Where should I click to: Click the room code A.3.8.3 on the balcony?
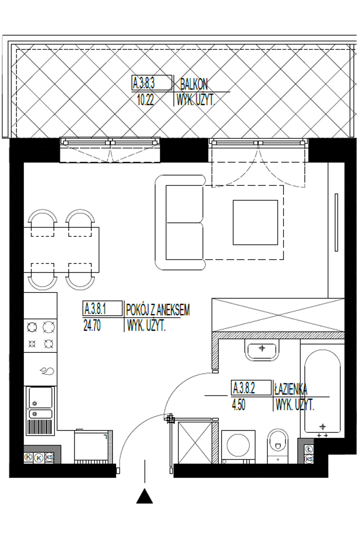[144, 83]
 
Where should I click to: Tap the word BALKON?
[193, 85]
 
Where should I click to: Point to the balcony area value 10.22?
[145, 99]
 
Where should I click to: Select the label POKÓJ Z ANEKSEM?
[158, 310]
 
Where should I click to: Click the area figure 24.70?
[92, 326]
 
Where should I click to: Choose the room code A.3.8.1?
[95, 309]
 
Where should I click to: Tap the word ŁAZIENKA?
[291, 389]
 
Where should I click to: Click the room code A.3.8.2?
[244, 388]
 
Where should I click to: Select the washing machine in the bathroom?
[238, 446]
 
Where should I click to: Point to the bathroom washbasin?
[262, 350]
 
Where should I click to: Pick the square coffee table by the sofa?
[255, 222]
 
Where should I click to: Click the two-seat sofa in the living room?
[180, 222]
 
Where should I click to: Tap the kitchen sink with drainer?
[40, 411]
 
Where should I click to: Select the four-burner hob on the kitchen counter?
[40, 335]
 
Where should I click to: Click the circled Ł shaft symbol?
[309, 450]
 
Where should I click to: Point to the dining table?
[62, 250]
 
